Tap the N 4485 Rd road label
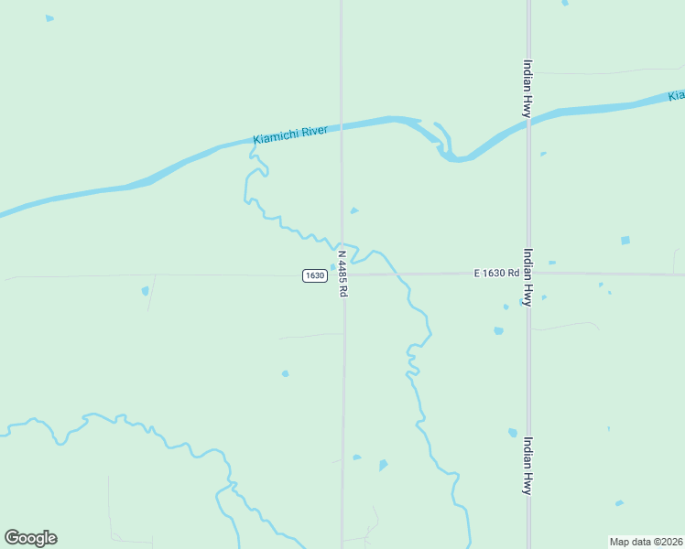coord(342,273)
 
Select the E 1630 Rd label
coord(496,273)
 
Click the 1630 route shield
coord(314,275)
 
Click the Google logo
coord(30,538)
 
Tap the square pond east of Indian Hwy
coord(625,241)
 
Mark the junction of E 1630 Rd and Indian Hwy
coord(528,274)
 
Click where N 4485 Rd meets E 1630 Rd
coord(342,274)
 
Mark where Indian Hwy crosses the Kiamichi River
coord(528,124)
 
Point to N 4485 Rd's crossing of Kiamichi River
coord(342,127)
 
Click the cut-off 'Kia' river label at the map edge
coord(676,95)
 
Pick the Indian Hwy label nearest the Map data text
coord(527,465)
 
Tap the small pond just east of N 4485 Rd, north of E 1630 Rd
coord(354,210)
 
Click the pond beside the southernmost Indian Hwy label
coord(513,433)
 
